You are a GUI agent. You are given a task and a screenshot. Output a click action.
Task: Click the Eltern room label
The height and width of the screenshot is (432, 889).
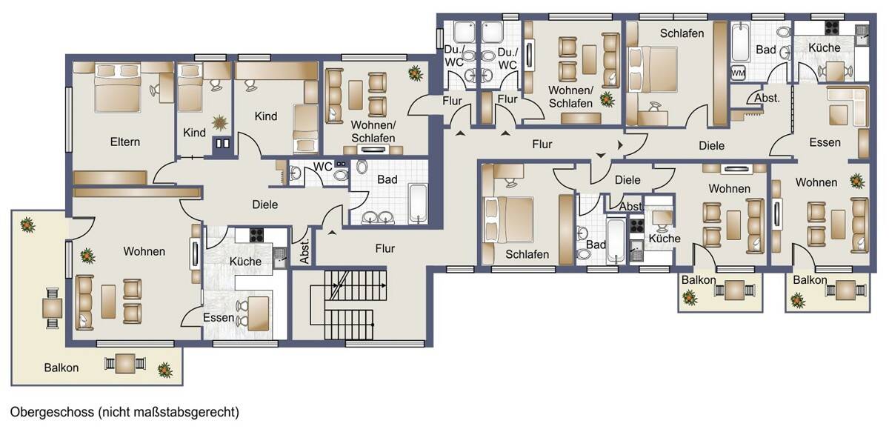[125, 142]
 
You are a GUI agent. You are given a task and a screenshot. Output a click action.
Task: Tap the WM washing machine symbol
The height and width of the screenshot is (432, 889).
[738, 73]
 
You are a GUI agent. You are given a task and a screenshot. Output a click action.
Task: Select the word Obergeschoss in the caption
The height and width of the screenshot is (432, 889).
[52, 412]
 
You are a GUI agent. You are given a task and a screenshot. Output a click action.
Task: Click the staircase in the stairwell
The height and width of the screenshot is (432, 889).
[348, 305]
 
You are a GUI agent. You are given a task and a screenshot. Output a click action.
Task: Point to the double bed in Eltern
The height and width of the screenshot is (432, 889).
[118, 88]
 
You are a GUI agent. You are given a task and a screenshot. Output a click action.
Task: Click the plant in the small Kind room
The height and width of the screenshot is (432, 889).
[219, 123]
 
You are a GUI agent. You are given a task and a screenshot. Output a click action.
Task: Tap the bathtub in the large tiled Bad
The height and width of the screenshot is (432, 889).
[418, 203]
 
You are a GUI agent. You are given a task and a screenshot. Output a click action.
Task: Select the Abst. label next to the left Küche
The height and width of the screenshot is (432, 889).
[304, 251]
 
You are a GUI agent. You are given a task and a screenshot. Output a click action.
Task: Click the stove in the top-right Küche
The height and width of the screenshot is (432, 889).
[832, 27]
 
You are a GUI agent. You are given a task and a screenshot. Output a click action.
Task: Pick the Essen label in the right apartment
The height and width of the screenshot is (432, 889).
[825, 142]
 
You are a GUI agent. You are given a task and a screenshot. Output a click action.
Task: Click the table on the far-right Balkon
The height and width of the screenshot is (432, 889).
[845, 290]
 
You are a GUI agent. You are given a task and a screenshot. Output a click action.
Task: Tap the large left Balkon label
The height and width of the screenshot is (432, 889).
[61, 368]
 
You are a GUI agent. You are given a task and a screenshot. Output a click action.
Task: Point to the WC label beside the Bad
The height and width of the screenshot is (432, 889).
[322, 167]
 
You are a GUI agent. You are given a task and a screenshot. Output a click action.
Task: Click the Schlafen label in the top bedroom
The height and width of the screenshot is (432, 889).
[682, 33]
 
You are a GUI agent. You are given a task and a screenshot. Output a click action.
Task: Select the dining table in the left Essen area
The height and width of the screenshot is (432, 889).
[259, 313]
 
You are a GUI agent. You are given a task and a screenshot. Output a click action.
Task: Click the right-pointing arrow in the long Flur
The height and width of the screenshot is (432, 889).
[620, 145]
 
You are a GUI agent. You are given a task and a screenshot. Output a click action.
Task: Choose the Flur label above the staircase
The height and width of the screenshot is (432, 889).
[385, 248]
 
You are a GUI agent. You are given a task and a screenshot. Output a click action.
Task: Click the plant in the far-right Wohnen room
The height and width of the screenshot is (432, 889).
[857, 181]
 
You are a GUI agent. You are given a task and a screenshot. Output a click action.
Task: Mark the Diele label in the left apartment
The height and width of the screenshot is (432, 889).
[264, 205]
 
